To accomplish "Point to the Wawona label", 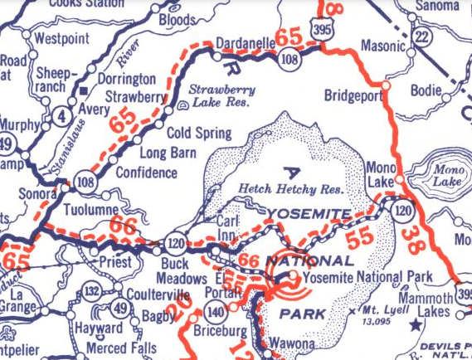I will (290, 343).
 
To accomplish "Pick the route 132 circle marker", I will (93, 290).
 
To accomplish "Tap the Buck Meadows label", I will (177, 270).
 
